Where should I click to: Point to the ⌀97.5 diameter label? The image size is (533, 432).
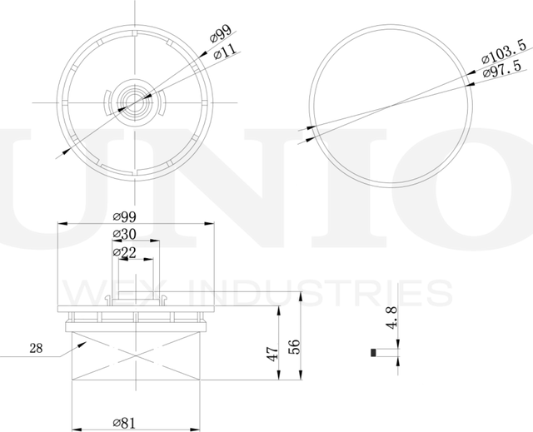(501, 74)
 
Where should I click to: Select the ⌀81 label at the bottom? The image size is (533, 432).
(124, 423)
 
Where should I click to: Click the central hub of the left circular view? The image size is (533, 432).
(133, 101)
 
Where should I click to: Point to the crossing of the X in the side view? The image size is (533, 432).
(135, 356)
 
